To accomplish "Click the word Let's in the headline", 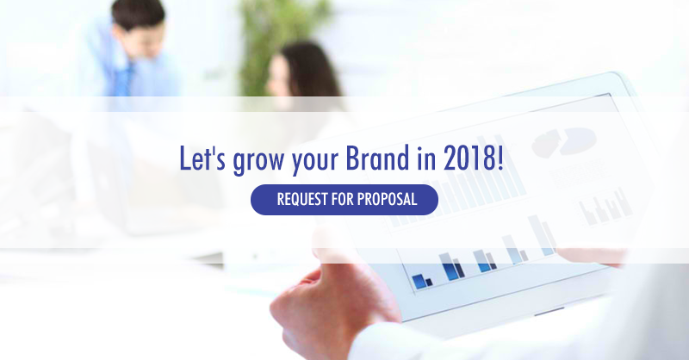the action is pos(202,158).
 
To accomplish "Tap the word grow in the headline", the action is pos(258,161).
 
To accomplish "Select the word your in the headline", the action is pos(314,161).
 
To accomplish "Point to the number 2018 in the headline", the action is pos(469,158).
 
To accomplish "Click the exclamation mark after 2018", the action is pos(500,158).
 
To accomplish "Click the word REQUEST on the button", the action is pos(302,200).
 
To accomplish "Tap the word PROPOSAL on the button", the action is pos(387,199).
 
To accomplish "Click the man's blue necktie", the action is pos(127,78).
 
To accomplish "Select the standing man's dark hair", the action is pos(138,13).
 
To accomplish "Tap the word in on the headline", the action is pos(426,158).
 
